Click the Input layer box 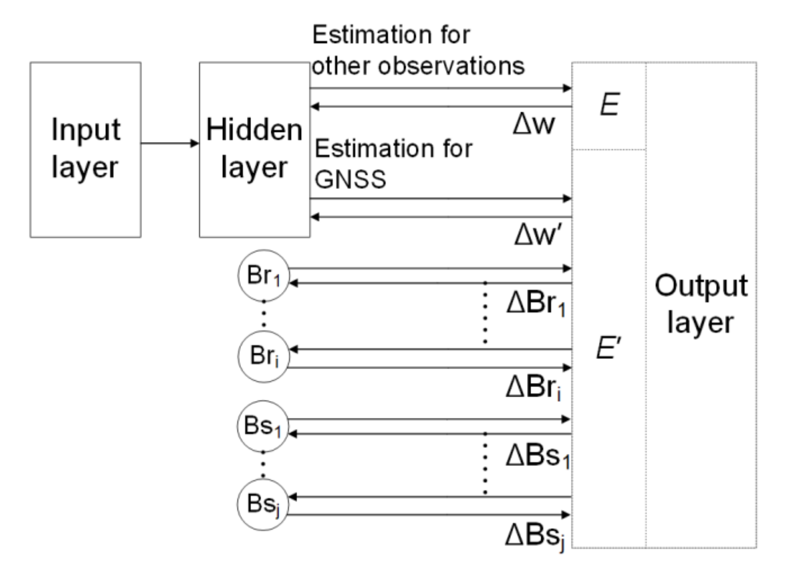85,150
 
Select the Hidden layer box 254,150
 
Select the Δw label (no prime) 533,124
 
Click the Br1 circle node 264,275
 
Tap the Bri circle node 264,356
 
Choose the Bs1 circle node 263,426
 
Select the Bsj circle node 263,504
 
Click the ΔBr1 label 536,304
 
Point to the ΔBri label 533,387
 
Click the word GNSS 350,179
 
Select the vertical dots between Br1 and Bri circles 264,314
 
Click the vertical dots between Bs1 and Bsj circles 263,464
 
